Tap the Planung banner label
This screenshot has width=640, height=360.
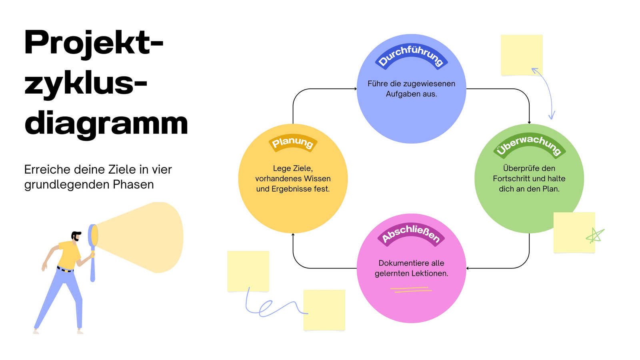click(293, 142)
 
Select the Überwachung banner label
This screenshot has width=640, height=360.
click(530, 146)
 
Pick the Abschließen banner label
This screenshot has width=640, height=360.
click(411, 235)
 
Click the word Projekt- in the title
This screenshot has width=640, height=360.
click(94, 43)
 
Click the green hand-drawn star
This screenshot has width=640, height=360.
click(595, 236)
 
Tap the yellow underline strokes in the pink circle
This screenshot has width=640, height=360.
click(411, 290)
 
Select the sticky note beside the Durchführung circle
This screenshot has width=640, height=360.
click(522, 55)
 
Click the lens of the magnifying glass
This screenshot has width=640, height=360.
click(93, 236)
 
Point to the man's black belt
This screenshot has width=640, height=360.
click(65, 269)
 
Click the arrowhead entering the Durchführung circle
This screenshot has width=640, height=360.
click(356, 89)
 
